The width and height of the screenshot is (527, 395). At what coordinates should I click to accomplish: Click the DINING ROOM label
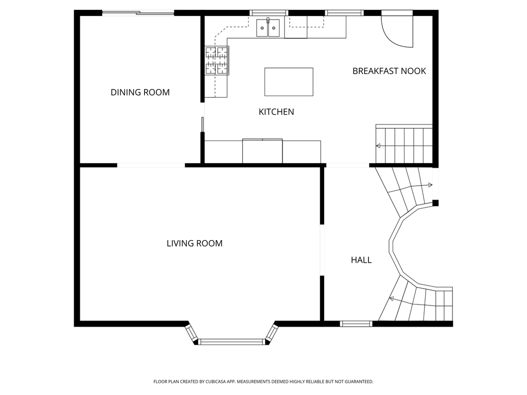140,93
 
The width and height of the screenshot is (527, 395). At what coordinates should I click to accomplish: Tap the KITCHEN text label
276,112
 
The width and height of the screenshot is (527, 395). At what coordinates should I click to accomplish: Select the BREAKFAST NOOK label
389,71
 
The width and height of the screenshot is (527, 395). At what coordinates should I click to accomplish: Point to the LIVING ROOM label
195,243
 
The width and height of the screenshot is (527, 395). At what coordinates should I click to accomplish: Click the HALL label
361,260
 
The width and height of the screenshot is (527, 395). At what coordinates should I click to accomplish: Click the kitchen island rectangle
289,82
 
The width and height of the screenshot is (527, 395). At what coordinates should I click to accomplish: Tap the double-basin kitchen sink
268,28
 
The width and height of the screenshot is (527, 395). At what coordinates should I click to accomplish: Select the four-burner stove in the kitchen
217,61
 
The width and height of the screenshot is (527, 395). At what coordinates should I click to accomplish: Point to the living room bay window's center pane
231,342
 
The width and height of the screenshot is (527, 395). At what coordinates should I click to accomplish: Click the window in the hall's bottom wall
356,324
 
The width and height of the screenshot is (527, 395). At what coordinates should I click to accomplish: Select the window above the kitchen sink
268,13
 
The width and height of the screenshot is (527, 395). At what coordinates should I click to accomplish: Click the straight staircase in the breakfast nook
404,145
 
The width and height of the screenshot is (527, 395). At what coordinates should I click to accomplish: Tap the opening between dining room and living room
151,165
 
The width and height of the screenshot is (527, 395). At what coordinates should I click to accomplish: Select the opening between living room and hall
322,250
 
